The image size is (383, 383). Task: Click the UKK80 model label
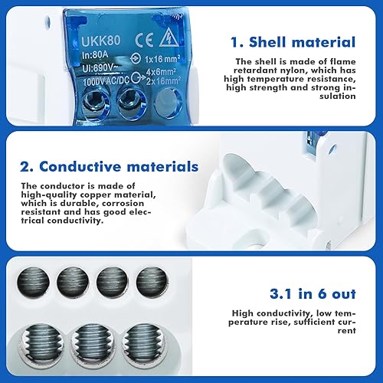tap(101, 41)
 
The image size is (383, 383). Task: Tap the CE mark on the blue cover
tap(145, 41)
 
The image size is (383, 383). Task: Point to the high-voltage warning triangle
tap(169, 39)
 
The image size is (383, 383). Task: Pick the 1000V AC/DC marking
tap(106, 81)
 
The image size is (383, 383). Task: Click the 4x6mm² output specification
tap(161, 72)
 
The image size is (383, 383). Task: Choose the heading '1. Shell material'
tap(293, 42)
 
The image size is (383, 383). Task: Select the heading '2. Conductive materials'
tap(110, 166)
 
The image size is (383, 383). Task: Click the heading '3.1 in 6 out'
tap(313, 294)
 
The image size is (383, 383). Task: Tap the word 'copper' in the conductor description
tap(96, 195)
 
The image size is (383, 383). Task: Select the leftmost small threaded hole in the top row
tap(33, 283)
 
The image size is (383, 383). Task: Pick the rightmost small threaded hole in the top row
tap(152, 282)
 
